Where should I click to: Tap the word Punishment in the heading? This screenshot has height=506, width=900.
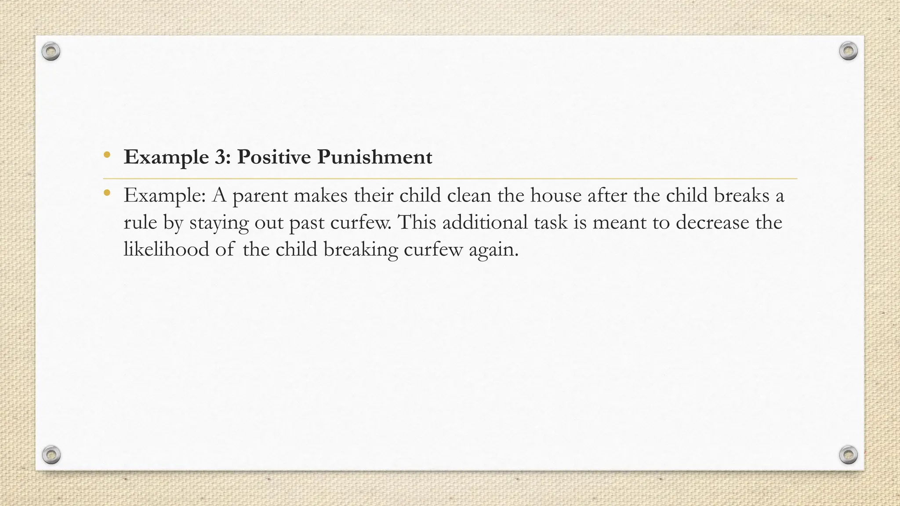[375, 157]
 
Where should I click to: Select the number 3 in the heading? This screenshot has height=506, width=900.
[220, 157]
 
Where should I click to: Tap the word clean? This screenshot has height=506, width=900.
[469, 195]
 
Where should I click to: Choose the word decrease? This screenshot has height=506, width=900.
[712, 222]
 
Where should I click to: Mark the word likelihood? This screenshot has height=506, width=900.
[166, 249]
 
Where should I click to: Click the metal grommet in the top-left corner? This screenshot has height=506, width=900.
[51, 52]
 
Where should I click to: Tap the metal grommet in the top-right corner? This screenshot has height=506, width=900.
[848, 51]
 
